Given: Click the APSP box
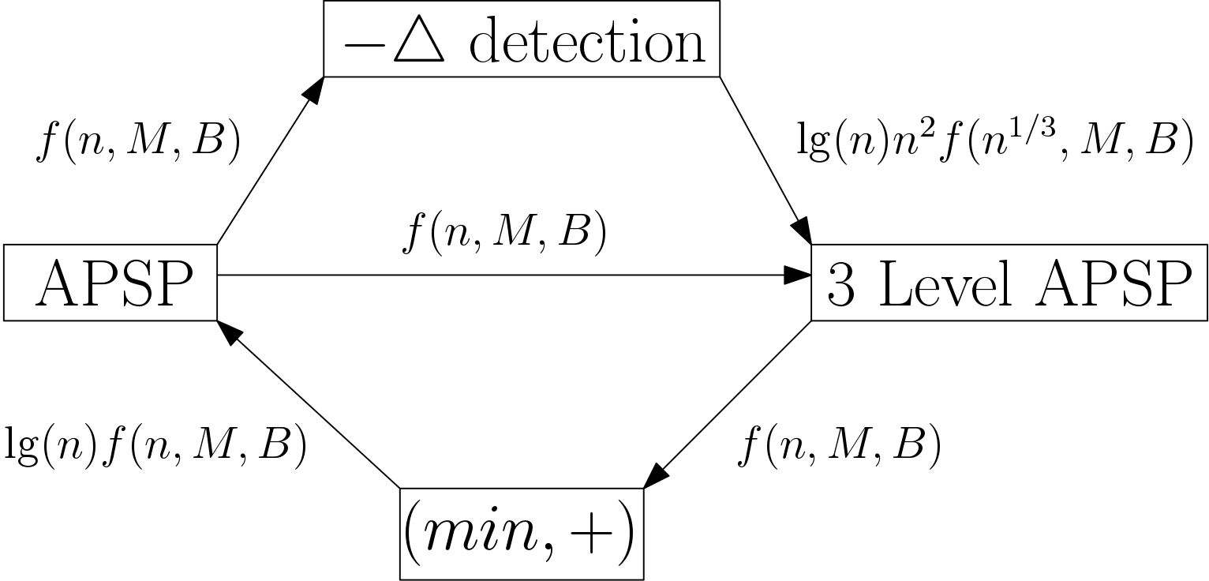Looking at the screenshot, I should [110, 283].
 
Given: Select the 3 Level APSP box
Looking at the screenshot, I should [1009, 283].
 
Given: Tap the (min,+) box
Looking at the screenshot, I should [522, 534].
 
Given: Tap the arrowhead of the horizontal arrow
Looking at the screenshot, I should [799, 275].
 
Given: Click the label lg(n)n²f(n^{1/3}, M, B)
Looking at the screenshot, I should [995, 142].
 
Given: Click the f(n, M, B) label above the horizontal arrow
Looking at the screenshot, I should [504, 234].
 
